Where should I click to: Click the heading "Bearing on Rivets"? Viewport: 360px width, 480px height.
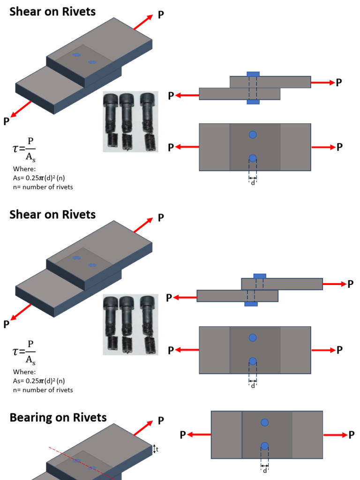58,418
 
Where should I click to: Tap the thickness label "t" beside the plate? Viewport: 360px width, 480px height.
157,449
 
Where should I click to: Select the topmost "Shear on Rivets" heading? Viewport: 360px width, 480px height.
52,12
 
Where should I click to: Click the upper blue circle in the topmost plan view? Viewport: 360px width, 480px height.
253,135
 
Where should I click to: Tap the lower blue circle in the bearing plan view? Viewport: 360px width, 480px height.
265,446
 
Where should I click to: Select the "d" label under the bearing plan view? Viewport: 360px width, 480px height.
265,470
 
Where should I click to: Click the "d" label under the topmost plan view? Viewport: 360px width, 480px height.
253,182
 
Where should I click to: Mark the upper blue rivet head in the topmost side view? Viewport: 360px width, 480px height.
253,74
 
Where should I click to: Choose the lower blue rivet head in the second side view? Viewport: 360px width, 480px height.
251,304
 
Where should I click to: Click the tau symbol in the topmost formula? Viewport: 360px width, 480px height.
16,149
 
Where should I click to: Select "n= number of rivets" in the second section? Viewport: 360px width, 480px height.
43,390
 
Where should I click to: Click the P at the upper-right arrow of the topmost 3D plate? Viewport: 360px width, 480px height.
161,15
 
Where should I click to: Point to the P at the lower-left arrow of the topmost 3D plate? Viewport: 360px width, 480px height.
6,121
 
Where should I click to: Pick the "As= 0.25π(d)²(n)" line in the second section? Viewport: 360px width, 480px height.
39,381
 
